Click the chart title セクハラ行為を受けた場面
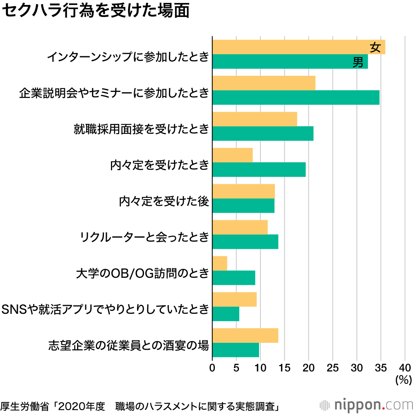coord(96,12)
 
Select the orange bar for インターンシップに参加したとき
coord(298,47)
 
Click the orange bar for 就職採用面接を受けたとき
coord(255,119)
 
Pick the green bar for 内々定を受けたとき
coord(259,170)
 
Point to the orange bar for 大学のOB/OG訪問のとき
coord(220,263)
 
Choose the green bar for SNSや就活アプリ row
coord(226,314)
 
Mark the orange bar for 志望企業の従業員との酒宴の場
coord(245,335)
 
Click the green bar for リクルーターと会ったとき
coord(245,242)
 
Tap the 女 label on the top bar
coord(375,48)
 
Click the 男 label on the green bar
coord(358,62)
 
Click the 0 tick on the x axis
coord(212,367)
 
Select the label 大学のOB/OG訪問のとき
coord(142,274)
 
